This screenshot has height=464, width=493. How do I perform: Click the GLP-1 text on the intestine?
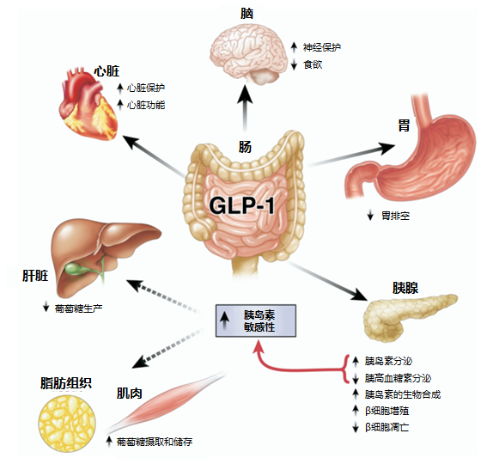(x=241, y=205)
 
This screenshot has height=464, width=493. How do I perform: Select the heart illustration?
(x=88, y=103)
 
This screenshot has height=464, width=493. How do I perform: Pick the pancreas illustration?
(x=409, y=317)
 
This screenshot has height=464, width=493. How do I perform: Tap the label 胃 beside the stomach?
(x=404, y=125)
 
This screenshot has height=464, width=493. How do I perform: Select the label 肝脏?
(x=35, y=276)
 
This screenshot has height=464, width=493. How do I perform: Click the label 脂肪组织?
(x=66, y=383)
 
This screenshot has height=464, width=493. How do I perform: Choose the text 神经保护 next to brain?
(x=322, y=47)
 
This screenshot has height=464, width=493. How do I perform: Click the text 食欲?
(x=313, y=64)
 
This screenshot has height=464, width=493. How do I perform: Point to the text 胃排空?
(x=396, y=216)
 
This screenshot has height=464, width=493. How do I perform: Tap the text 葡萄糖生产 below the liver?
(x=79, y=308)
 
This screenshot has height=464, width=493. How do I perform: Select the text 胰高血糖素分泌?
(x=398, y=378)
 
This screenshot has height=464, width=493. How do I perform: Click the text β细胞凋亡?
(x=386, y=427)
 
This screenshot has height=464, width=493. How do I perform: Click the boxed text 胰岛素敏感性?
(x=259, y=321)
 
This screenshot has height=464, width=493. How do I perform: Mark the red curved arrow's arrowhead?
(x=259, y=347)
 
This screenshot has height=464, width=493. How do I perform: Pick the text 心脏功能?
(x=146, y=105)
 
